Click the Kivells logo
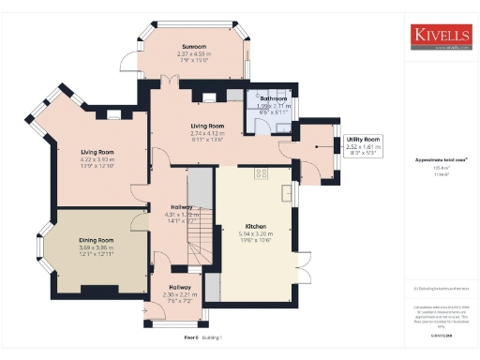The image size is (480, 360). [441, 37]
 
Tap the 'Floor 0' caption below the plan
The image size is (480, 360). [191, 335]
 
